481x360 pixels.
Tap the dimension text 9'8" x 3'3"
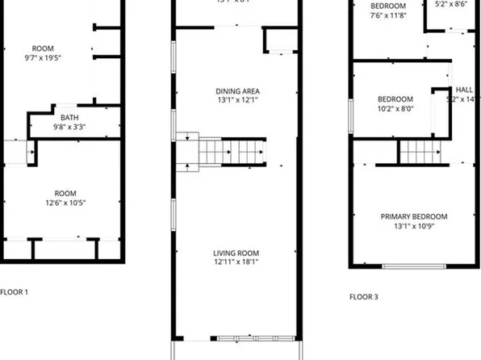coord(69,127)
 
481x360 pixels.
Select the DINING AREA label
coord(237,91)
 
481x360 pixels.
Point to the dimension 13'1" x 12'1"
coord(237,101)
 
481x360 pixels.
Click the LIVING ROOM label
coord(236,253)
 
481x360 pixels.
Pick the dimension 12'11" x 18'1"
coord(236,262)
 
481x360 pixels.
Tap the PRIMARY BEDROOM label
coord(414,216)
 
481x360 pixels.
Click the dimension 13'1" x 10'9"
coord(414,226)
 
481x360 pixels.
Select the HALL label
coord(464,90)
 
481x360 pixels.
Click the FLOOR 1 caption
coord(14,291)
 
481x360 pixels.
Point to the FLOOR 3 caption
coord(363,296)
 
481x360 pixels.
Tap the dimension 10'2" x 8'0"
coord(395,109)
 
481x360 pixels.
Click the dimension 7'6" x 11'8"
coord(388,15)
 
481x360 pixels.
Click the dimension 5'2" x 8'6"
coord(451,4)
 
